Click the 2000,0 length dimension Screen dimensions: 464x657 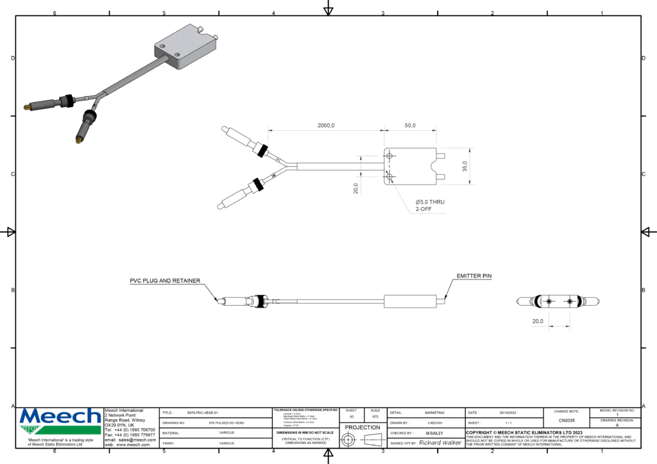tap(326, 126)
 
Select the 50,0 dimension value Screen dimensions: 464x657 tap(409, 126)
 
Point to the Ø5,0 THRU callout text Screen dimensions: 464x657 tap(430, 202)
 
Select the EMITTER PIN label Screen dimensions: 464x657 tap(474, 276)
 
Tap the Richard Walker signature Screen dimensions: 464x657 tap(440, 443)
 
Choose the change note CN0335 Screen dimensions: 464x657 tap(566, 420)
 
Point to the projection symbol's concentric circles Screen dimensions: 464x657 tap(348, 440)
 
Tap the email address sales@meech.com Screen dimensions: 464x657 tap(137, 440)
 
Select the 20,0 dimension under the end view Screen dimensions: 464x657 tap(538, 321)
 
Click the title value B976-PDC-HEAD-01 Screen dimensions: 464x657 tap(203, 413)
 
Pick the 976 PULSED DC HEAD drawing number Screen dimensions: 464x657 tap(226, 423)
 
